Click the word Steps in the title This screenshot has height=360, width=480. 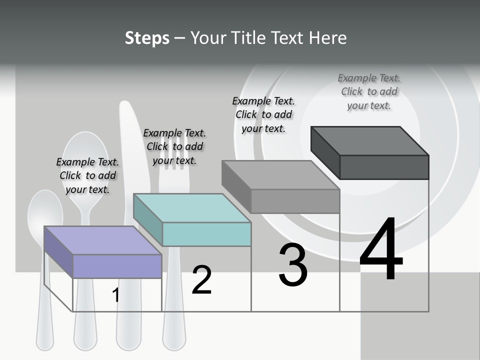pos(147,38)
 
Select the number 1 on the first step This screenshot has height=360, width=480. pos(115,295)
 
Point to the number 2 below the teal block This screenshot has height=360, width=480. pos(201,280)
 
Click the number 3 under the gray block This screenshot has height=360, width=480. pos(293,265)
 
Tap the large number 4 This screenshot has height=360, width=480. pos(381,250)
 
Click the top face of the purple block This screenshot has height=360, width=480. pos(102,240)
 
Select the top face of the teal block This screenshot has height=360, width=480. pos(192,208)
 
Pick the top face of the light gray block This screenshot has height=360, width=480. pos(280,175)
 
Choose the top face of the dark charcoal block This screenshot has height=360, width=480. pos(370,141)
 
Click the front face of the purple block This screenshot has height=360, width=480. pos(117,266)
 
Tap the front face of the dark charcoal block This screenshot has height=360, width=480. pos(384,167)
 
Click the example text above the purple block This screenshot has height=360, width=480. pos(87,175)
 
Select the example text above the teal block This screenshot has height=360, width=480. pos(174,146)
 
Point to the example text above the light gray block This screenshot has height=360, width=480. pos(263,114)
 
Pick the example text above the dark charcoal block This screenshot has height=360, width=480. pos(369,91)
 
